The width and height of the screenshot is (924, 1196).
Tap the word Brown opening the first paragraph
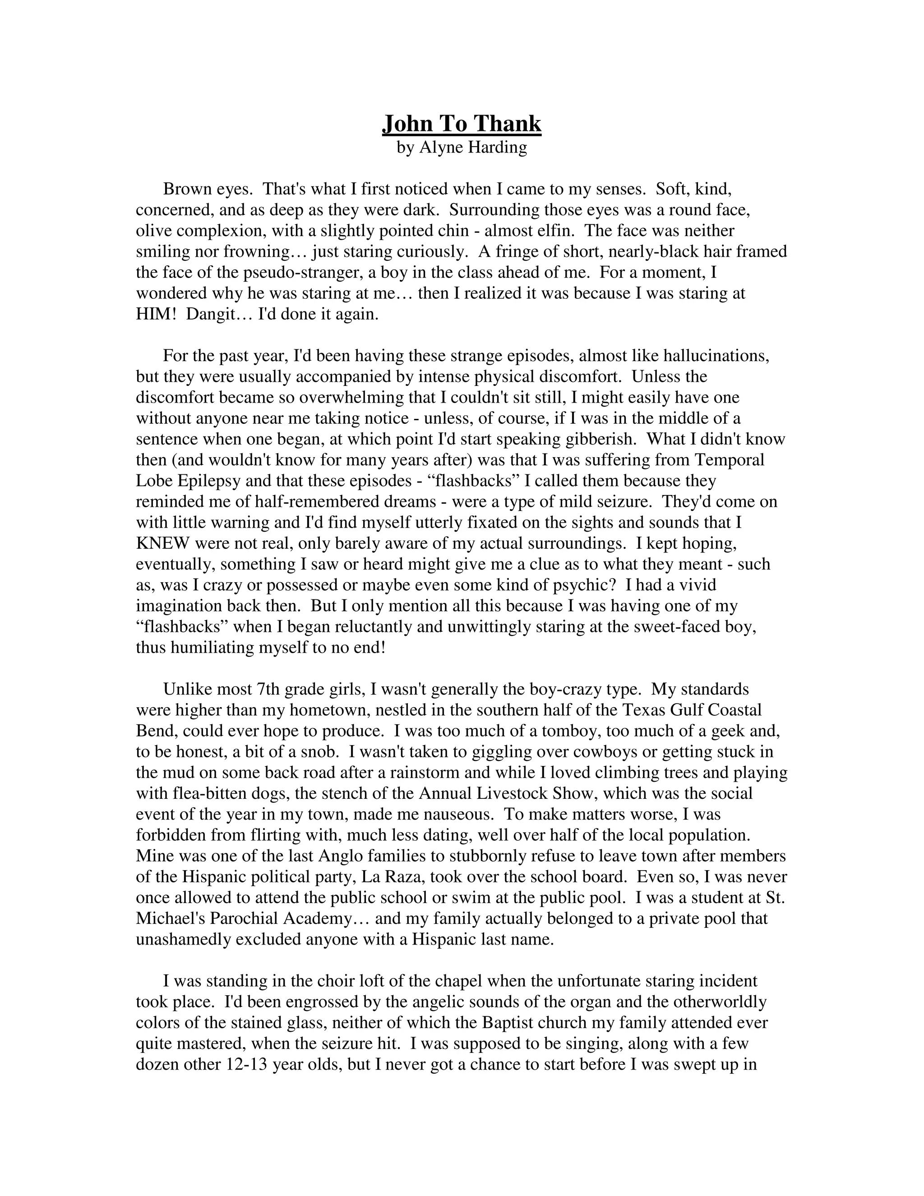pyautogui.click(x=187, y=190)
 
